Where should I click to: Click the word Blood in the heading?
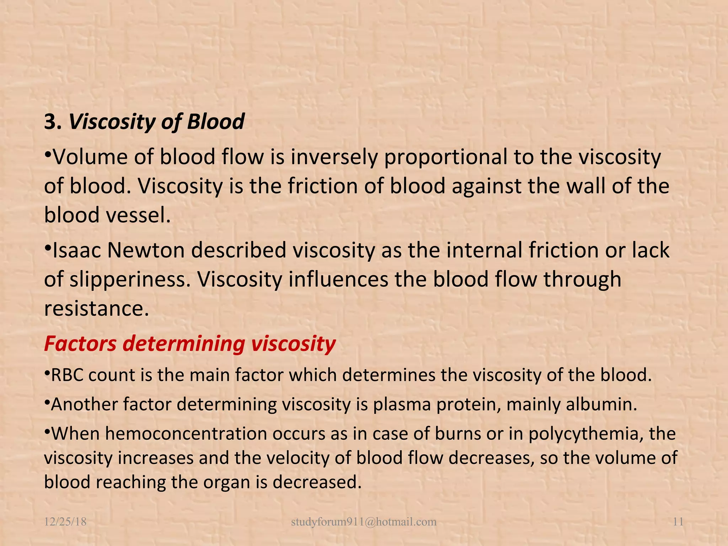click(x=215, y=122)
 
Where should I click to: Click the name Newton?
click(x=145, y=250)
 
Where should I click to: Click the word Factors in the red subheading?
click(x=80, y=344)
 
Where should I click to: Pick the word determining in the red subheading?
click(x=184, y=344)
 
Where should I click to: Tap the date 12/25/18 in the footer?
click(x=65, y=522)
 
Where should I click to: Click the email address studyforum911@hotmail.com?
click(x=364, y=522)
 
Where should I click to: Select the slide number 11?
click(x=678, y=522)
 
